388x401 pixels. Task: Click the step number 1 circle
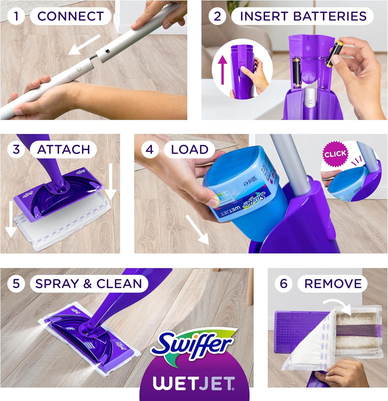click(16, 16)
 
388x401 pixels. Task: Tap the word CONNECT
click(71, 16)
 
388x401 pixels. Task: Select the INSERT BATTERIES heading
click(303, 16)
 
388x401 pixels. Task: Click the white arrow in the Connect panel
click(84, 45)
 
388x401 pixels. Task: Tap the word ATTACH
click(64, 150)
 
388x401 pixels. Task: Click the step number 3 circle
click(16, 149)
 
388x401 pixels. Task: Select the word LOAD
click(189, 150)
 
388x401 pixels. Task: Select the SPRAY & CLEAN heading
click(89, 284)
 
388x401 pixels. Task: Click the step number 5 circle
click(16, 283)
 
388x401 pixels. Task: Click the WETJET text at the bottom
click(194, 384)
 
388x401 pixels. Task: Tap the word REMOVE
click(333, 284)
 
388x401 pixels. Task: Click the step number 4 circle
click(149, 149)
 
